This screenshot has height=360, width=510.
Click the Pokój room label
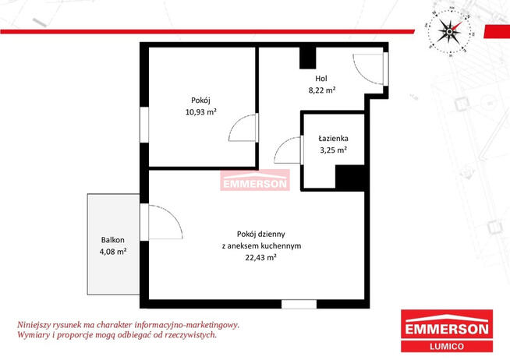point(200,101)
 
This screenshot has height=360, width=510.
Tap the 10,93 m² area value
point(201,112)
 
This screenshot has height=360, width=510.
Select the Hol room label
point(321,78)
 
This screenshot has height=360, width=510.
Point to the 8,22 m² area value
point(322,90)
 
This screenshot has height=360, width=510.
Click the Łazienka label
point(334,139)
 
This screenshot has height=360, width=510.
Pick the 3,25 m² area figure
point(334,150)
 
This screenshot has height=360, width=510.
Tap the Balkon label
point(113,240)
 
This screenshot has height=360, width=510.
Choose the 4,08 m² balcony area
point(113,252)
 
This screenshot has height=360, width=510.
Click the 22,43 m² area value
point(261,257)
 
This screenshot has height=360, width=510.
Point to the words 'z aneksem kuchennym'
point(261,246)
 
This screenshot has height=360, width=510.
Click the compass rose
point(449,31)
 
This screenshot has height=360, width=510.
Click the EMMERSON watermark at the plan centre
point(255,180)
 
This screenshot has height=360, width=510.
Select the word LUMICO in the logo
point(447,346)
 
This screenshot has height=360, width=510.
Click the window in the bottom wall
point(299,305)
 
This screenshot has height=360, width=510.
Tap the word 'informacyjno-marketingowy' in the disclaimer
point(187,325)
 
